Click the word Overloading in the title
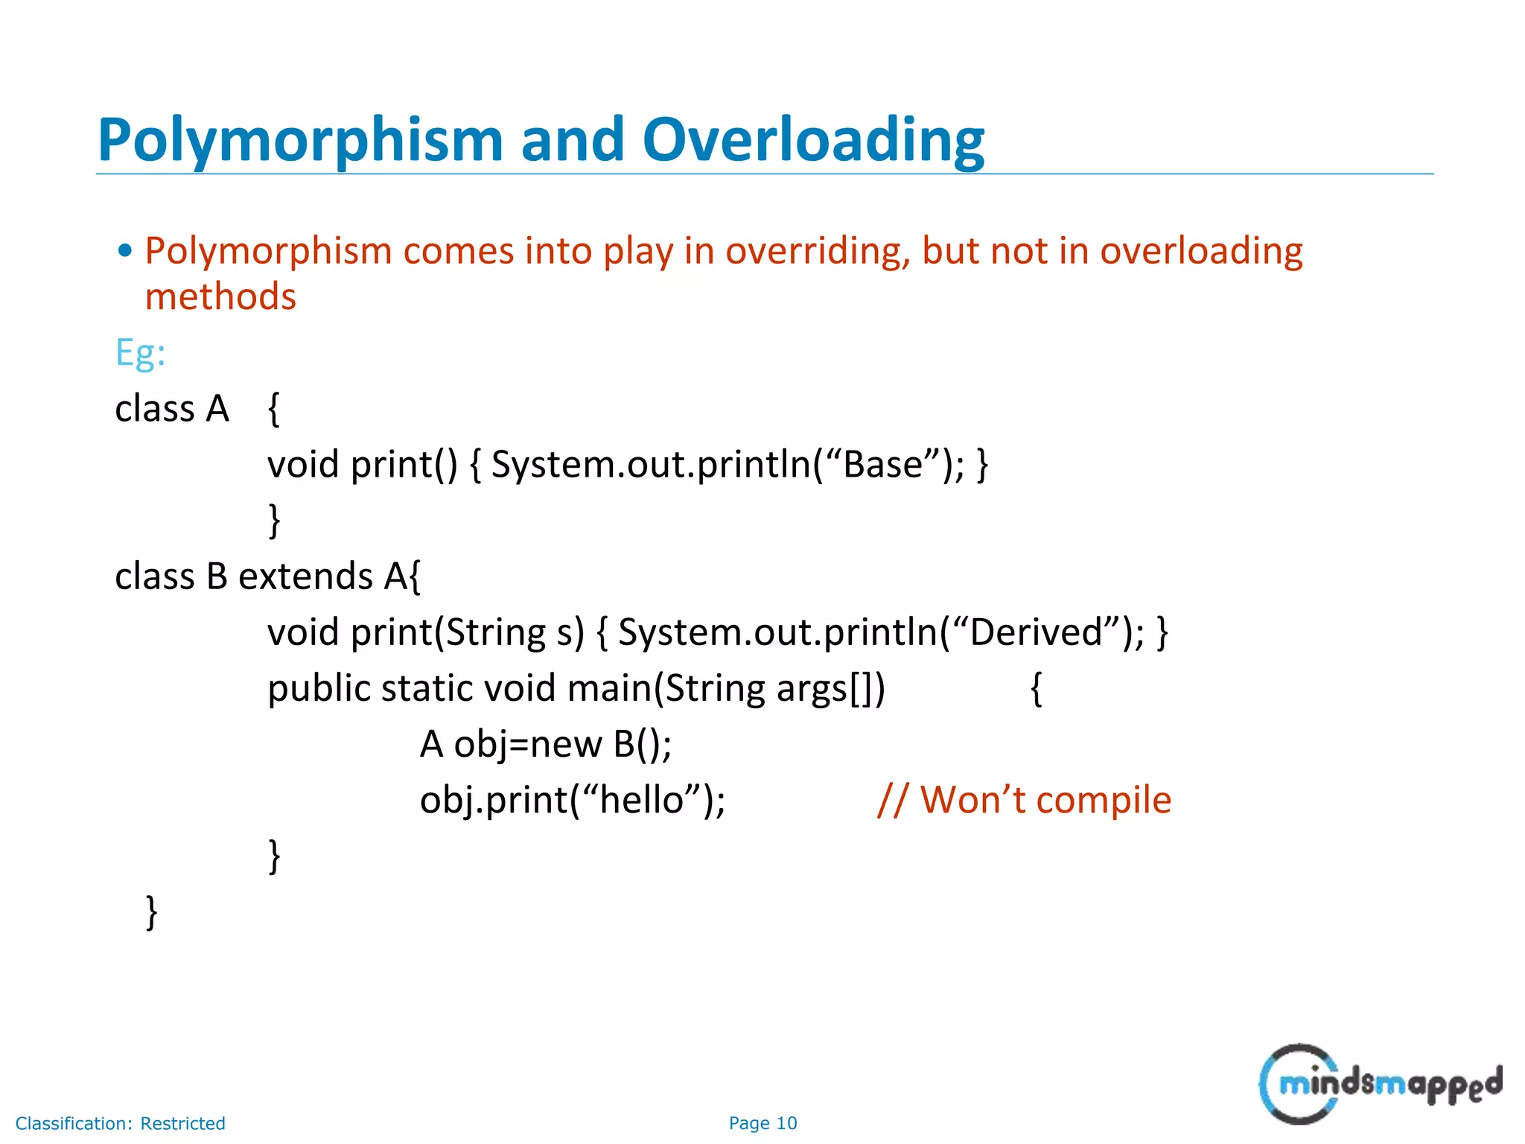click(813, 140)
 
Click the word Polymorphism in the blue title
click(301, 142)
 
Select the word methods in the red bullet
click(220, 296)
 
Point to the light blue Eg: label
click(140, 352)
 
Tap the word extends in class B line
click(305, 576)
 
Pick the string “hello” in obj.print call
click(641, 801)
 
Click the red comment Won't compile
click(1044, 801)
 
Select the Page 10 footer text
click(762, 1123)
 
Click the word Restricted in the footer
click(182, 1123)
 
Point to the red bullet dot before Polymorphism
click(125, 251)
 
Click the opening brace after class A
click(274, 410)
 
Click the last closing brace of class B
click(151, 912)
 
